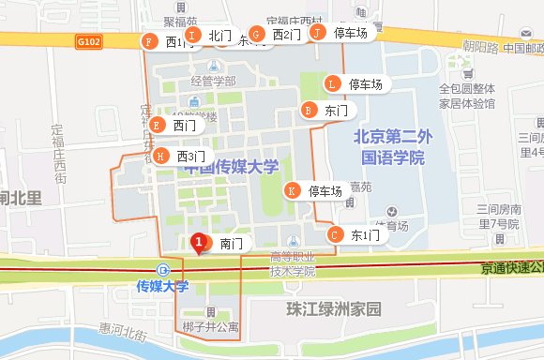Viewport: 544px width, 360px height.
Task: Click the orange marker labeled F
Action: [148, 41]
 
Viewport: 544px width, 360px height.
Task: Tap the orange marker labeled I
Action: [192, 35]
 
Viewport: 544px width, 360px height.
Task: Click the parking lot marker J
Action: [317, 32]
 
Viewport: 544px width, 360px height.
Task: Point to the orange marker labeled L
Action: [331, 83]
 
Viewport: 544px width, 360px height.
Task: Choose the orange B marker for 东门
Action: [308, 110]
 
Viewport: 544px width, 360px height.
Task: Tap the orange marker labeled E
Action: [157, 125]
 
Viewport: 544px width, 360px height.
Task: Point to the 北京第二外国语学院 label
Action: [389, 146]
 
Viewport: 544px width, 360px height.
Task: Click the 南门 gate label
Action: [232, 243]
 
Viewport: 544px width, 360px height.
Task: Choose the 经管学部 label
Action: [213, 81]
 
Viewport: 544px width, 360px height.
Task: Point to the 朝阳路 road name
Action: [479, 46]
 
